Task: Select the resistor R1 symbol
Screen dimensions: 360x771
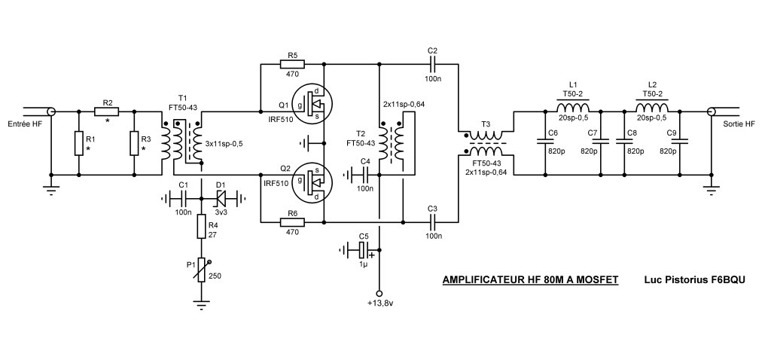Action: [78, 143]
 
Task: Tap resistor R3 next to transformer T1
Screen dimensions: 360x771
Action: [134, 143]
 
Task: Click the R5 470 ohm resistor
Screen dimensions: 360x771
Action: [292, 65]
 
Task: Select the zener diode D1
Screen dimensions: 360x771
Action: [221, 199]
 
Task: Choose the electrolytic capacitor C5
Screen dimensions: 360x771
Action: [363, 249]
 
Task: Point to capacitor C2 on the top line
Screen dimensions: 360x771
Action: [432, 65]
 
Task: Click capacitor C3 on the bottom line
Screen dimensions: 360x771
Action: [432, 222]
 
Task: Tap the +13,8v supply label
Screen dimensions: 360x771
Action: [379, 304]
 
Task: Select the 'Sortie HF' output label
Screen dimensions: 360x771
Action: [738, 124]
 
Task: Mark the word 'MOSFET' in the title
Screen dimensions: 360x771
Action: [596, 280]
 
